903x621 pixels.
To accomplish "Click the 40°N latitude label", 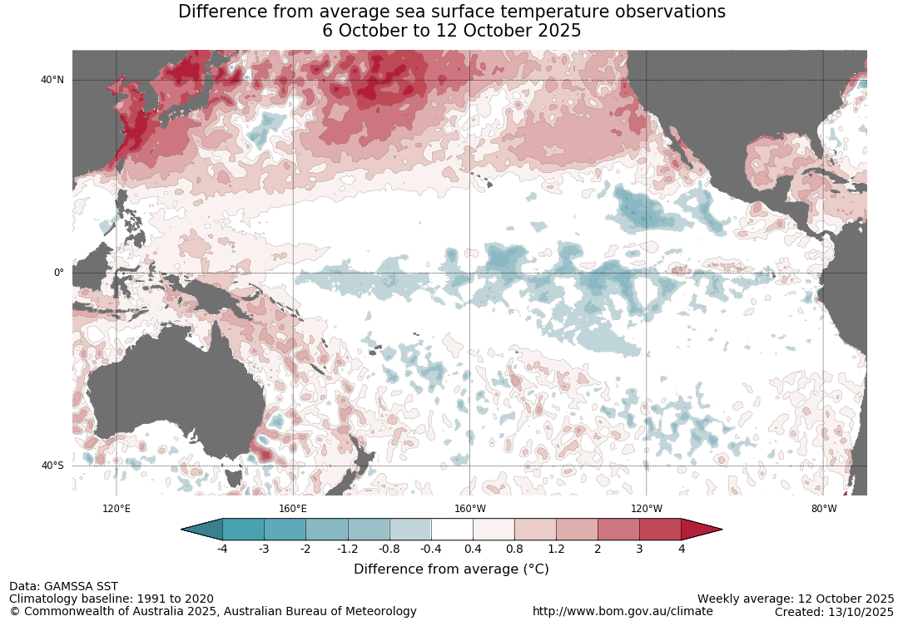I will tap(52, 80).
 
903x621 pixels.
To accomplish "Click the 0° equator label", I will tap(58, 273).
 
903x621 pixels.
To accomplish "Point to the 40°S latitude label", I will tap(52, 466).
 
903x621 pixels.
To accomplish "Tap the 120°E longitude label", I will tap(116, 509).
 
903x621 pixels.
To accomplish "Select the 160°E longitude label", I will tap(293, 509).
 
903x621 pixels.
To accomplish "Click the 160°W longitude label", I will tap(469, 509).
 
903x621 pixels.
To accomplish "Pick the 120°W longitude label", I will tap(647, 509).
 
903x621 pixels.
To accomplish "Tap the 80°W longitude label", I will tap(824, 509).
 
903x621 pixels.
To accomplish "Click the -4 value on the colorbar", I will tap(222, 549).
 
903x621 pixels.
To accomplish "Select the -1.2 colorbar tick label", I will tap(347, 549).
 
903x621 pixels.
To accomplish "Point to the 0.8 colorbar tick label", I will tap(514, 549).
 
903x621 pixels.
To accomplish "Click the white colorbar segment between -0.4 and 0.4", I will tap(452, 530).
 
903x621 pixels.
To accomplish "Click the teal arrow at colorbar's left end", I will tap(202, 530).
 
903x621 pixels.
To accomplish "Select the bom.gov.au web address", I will tap(623, 611).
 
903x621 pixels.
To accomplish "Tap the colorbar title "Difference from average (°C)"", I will tap(451, 569).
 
